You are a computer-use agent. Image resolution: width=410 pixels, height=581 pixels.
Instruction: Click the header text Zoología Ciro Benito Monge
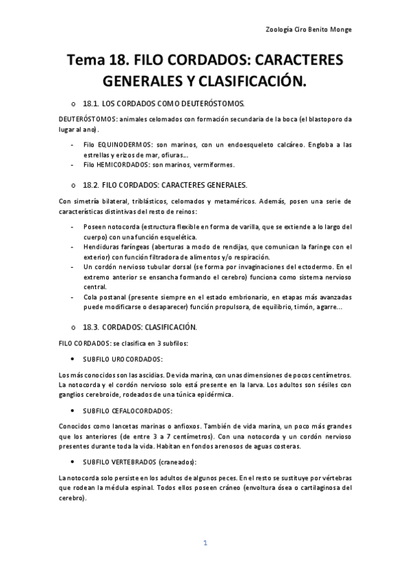[308, 29]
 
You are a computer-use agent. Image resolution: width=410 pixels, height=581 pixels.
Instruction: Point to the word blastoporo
[325, 119]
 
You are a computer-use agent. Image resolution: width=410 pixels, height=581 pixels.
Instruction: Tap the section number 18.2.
[91, 185]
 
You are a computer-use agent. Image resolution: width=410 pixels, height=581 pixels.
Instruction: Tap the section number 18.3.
[91, 327]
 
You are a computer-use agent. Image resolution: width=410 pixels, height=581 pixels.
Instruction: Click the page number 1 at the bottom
[205, 543]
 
